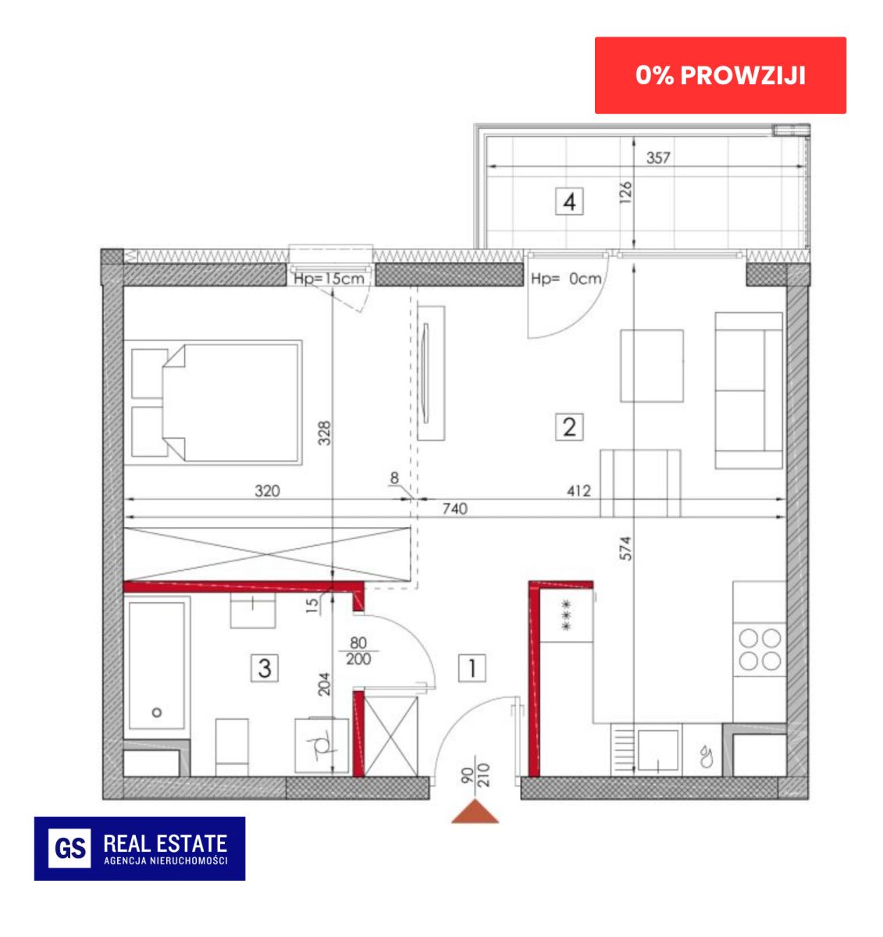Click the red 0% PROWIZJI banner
pyautogui.click(x=720, y=75)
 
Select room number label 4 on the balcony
pyautogui.click(x=568, y=201)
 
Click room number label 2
pyautogui.click(x=568, y=427)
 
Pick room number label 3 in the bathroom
pyautogui.click(x=265, y=668)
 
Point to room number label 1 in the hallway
pyautogui.click(x=472, y=668)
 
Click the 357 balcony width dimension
pyautogui.click(x=658, y=158)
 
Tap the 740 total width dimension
pyautogui.click(x=455, y=508)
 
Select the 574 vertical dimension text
pyautogui.click(x=625, y=548)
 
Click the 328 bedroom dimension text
pyautogui.click(x=324, y=433)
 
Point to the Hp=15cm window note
pyautogui.click(x=329, y=279)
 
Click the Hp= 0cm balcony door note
pyautogui.click(x=566, y=279)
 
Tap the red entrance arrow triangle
pyautogui.click(x=475, y=811)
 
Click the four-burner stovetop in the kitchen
pyautogui.click(x=760, y=650)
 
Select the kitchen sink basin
pyautogui.click(x=658, y=750)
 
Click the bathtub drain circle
pyautogui.click(x=157, y=712)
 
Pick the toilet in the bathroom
pyautogui.click(x=322, y=746)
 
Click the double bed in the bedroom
pyautogui.click(x=213, y=402)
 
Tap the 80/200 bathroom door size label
pyautogui.click(x=358, y=651)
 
